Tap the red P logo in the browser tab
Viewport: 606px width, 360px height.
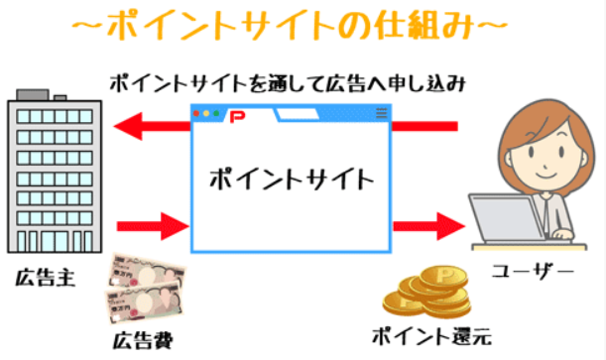pos(235,116)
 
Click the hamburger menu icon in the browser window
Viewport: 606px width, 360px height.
pos(381,115)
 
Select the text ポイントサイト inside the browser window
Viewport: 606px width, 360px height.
pos(292,180)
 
